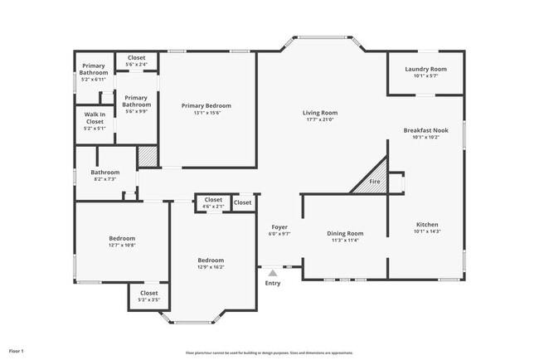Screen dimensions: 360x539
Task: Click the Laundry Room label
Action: (x=425, y=69)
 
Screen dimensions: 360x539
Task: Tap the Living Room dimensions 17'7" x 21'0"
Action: (x=318, y=120)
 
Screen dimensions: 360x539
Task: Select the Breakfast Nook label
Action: (x=425, y=130)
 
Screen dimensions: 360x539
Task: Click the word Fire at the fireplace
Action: (x=374, y=182)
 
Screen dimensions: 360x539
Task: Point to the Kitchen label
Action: (x=426, y=225)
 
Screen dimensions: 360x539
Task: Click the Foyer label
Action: (x=279, y=226)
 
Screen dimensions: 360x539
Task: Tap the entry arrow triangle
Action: (x=272, y=271)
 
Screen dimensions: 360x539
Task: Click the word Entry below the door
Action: (x=272, y=284)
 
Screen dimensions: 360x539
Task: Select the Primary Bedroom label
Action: (x=206, y=106)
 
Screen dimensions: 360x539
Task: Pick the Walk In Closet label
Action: (x=95, y=121)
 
